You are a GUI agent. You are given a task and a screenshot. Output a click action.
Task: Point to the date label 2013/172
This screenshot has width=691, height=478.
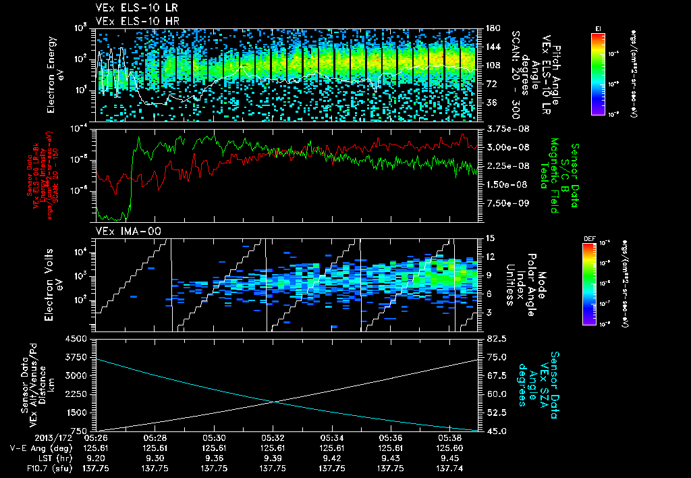26,437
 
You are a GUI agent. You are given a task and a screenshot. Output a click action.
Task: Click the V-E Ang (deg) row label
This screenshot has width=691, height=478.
36,447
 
